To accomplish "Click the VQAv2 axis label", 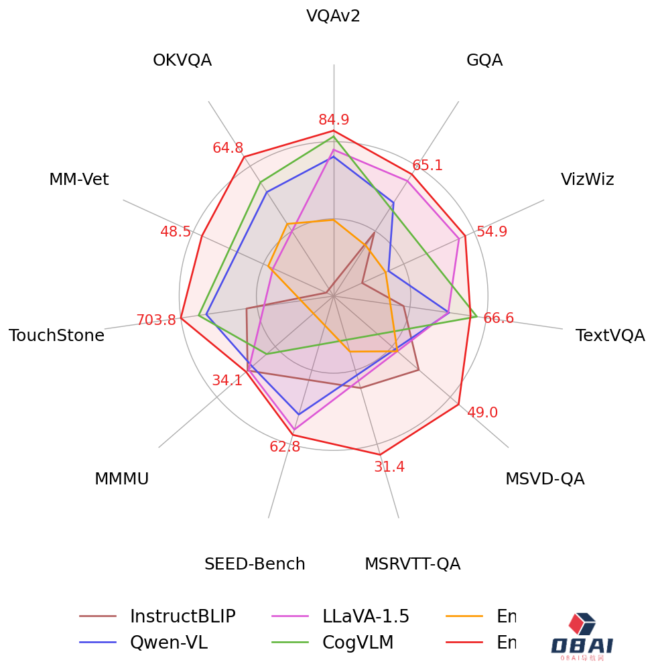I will [x=333, y=16].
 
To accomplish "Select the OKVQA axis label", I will [x=182, y=60].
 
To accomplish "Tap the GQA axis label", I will [x=484, y=60].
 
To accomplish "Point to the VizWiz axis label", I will [x=587, y=180].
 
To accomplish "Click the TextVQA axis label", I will [x=610, y=336].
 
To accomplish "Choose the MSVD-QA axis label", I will [x=545, y=479].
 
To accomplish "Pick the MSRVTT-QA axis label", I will [x=412, y=564].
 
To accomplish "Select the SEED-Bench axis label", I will [x=255, y=564].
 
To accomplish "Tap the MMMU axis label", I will [x=121, y=479].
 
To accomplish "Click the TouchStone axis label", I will [x=56, y=336].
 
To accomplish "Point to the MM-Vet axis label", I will [x=78, y=180].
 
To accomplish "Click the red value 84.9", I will [x=334, y=120].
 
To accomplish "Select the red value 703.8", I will [x=156, y=320].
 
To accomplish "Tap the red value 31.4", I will [x=389, y=467].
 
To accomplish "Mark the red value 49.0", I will [x=482, y=413].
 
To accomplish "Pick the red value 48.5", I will [x=176, y=232].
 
